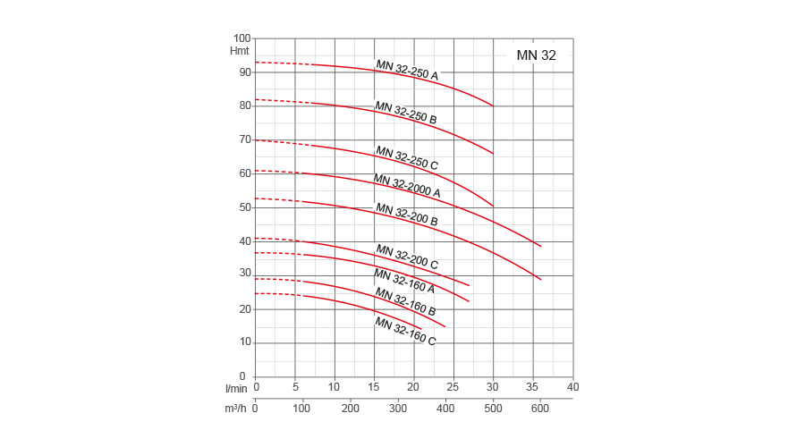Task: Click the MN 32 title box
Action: click(x=536, y=55)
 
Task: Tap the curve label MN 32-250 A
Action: click(x=407, y=70)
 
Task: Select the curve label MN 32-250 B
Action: click(x=406, y=113)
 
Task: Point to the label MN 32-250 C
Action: click(x=407, y=157)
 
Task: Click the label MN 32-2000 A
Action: click(x=407, y=186)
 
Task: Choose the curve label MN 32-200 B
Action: click(x=407, y=215)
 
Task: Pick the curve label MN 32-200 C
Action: click(x=407, y=257)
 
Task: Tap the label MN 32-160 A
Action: click(x=404, y=282)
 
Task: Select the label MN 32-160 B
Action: click(x=405, y=301)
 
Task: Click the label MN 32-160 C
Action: click(x=405, y=331)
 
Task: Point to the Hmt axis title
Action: click(x=240, y=51)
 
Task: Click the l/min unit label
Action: click(x=236, y=388)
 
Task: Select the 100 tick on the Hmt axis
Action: click(x=241, y=38)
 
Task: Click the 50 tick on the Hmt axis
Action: click(x=244, y=207)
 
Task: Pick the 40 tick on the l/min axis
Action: click(x=573, y=387)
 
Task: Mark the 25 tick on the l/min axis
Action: click(x=453, y=387)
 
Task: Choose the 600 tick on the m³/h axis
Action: click(x=539, y=409)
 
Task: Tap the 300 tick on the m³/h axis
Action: click(x=397, y=409)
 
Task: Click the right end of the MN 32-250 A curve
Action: click(x=493, y=105)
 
